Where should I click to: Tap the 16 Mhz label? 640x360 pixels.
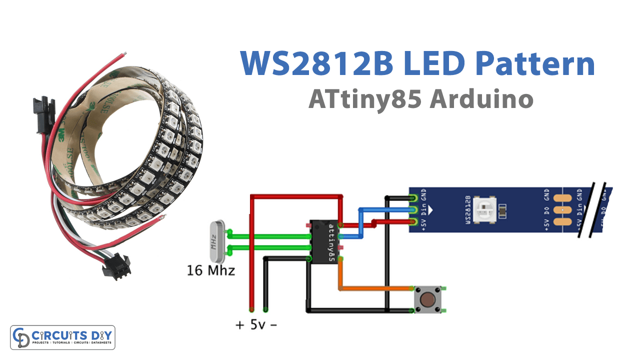210,271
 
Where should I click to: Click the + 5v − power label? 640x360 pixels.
256,325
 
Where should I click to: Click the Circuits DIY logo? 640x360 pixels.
63,337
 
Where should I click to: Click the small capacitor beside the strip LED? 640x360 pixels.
502,209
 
